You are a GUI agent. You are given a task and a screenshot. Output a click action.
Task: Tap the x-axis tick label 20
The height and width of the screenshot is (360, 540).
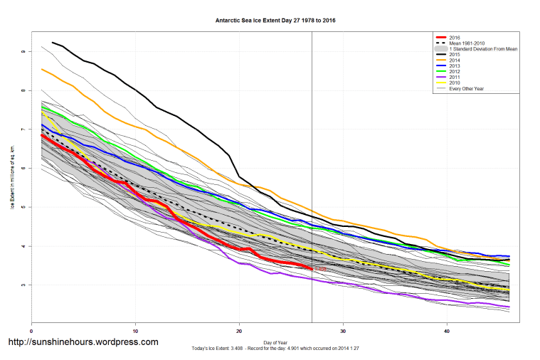pos(239,332)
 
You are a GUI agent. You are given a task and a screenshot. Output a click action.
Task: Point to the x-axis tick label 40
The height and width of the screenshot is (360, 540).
pos(446,332)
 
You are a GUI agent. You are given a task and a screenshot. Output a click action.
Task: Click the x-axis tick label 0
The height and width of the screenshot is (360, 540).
pos(31,332)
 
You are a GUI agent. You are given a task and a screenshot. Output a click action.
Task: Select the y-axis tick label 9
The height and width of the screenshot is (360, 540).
pos(23,52)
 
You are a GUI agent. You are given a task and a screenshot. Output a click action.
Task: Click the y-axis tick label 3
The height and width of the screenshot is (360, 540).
pos(23,285)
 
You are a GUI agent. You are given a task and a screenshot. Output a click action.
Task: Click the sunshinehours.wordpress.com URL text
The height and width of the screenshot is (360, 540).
pos(83,342)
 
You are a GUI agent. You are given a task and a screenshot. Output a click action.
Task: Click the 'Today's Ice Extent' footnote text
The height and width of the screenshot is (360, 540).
pos(275,348)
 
